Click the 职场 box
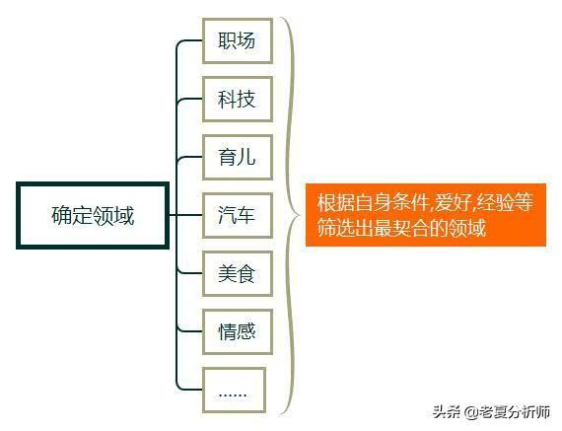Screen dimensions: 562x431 tap(238, 40)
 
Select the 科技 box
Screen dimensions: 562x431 tap(238, 99)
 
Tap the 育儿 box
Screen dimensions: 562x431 tap(238, 158)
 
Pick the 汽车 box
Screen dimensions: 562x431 tap(238, 215)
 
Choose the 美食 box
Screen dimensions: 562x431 tap(238, 273)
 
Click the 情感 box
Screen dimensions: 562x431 tap(238, 332)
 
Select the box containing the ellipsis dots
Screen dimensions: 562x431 tap(234, 391)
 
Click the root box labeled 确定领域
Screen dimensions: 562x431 tap(93, 215)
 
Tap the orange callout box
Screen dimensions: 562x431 tap(426, 215)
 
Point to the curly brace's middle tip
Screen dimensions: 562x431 tap(301, 215)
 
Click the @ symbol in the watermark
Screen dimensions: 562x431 tap(471, 412)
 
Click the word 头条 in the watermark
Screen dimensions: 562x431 tap(447, 411)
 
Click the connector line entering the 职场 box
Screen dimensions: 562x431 tap(190, 40)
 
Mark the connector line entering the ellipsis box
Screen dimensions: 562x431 tap(190, 390)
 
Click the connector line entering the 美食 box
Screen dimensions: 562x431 tap(190, 273)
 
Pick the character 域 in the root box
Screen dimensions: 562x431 tap(124, 215)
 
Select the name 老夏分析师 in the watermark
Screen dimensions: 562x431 tap(515, 412)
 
